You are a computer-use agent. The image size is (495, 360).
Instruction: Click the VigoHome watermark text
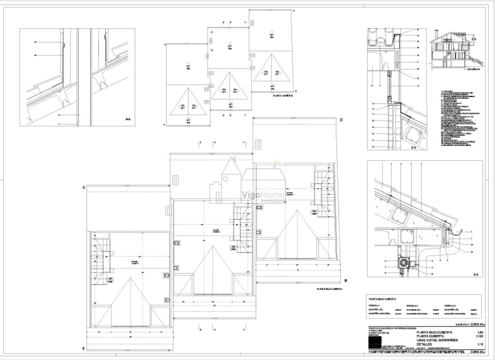point(263,195)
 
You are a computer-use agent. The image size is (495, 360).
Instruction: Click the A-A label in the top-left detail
point(128,119)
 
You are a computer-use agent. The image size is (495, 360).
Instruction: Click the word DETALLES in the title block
point(424,344)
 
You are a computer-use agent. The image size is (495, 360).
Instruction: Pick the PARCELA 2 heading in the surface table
point(412,305)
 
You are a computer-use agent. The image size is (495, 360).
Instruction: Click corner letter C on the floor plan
point(84,188)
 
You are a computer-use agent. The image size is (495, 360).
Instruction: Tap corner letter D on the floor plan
point(341,120)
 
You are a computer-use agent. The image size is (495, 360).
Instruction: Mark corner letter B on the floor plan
point(345,281)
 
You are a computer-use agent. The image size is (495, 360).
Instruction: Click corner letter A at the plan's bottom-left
point(83,348)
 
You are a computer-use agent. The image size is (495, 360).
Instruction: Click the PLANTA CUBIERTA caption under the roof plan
point(283,95)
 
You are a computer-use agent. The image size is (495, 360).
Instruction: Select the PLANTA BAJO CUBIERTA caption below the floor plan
point(329,289)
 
